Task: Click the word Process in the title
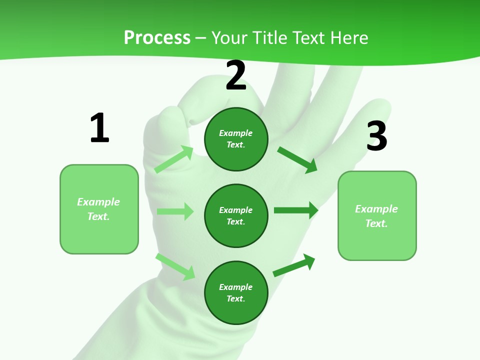(x=157, y=38)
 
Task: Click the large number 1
(x=99, y=128)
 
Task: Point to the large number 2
(x=236, y=75)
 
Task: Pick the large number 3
(x=377, y=136)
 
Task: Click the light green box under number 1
(x=99, y=209)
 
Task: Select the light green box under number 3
(x=377, y=216)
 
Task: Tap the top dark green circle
(x=236, y=139)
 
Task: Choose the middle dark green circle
(x=236, y=215)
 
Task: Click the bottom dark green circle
(x=236, y=292)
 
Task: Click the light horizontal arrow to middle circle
(x=175, y=211)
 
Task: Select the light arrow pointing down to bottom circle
(x=175, y=266)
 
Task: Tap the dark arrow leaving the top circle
(x=297, y=159)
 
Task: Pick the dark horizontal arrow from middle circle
(x=296, y=210)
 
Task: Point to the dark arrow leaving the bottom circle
(x=294, y=265)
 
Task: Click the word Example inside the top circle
(x=236, y=133)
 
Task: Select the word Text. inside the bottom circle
(x=236, y=298)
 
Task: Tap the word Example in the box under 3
(x=376, y=209)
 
